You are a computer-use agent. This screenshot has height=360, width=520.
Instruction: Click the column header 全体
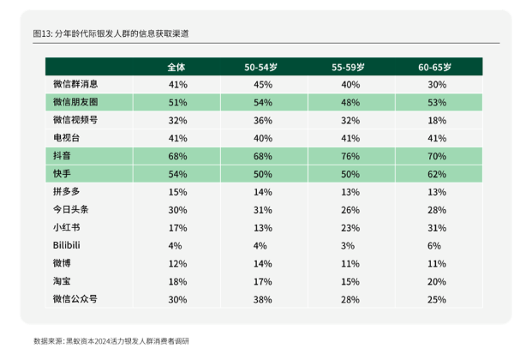coord(177,66)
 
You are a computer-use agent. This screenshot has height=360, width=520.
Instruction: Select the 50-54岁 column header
coord(262,66)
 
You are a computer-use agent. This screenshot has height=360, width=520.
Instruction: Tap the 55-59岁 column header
coord(350,66)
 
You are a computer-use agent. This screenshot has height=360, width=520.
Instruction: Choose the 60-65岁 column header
coord(437,66)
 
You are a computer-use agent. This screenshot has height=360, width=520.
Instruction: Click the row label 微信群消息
coord(75,84)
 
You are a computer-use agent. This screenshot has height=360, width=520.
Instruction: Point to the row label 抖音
coord(62,156)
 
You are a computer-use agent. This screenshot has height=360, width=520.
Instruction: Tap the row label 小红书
coord(66,228)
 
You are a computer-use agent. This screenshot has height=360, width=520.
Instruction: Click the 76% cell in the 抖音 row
coord(350,156)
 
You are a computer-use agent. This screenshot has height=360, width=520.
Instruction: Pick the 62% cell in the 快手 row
coord(437,174)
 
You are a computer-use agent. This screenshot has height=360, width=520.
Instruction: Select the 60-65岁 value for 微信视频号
coord(437,120)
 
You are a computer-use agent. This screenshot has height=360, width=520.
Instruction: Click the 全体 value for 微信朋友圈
coord(177,102)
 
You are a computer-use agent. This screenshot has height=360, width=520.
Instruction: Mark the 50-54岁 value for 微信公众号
coord(262,300)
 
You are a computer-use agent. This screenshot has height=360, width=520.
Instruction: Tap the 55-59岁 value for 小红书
coord(350,228)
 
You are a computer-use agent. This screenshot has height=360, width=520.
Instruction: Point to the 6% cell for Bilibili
coord(437,246)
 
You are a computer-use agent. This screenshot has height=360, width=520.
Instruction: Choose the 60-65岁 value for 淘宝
coord(437,282)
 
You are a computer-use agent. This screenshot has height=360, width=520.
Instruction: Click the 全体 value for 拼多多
coord(177,192)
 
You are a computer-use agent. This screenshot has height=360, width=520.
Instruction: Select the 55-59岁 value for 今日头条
coord(350,210)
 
